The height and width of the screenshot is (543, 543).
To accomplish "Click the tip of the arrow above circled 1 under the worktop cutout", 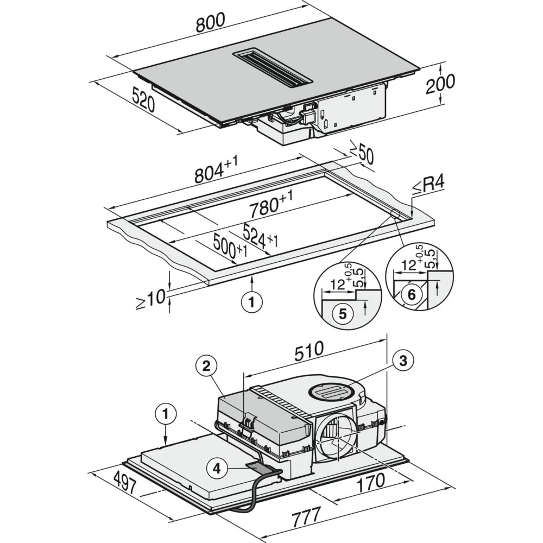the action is tap(252, 276).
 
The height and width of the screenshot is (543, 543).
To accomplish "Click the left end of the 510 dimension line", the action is tap(244, 374).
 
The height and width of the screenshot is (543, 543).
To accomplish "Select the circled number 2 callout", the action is tap(206, 366).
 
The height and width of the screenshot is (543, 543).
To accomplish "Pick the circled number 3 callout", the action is tap(403, 361).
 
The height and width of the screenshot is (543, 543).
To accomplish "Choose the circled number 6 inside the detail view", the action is tap(412, 295).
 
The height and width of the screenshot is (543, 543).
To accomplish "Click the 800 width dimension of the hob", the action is tap(211, 22).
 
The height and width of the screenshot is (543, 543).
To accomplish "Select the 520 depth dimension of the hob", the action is tap(143, 99).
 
